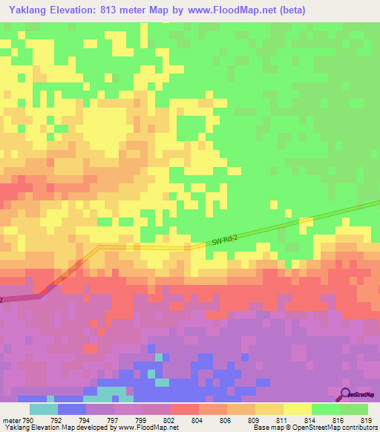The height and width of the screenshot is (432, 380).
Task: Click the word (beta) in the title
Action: [288, 10]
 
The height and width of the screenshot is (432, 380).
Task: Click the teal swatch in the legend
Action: [43, 409]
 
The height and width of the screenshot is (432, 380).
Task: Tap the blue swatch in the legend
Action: [71, 409]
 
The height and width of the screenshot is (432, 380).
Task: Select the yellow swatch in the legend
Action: [298, 409]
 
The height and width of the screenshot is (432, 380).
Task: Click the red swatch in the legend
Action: [184, 409]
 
